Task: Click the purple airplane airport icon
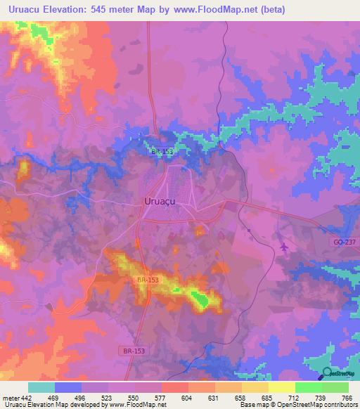click(x=283, y=247)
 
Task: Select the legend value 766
click(x=346, y=397)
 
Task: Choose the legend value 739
click(x=321, y=397)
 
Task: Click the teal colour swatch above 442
click(x=41, y=387)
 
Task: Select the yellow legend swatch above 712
click(x=281, y=387)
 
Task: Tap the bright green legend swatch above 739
click(x=308, y=387)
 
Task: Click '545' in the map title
click(x=110, y=11)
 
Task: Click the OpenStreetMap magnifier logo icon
click(x=328, y=375)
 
